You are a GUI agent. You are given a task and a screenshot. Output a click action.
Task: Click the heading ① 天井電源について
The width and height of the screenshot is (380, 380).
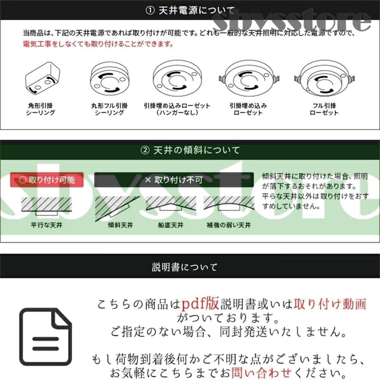(x=190, y=11)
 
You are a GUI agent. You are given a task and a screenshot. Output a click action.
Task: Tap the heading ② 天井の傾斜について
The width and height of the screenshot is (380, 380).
(x=190, y=150)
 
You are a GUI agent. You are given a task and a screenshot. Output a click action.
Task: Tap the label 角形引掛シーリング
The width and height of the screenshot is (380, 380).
(x=41, y=109)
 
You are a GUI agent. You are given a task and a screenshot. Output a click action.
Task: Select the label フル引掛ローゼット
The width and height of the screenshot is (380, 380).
(x=324, y=109)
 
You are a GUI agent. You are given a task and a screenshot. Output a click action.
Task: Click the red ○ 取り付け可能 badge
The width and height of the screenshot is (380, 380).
(x=47, y=180)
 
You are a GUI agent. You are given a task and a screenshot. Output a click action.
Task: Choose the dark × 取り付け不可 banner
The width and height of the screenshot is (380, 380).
(x=174, y=180)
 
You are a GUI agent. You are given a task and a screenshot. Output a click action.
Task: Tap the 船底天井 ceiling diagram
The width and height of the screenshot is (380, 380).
(x=171, y=205)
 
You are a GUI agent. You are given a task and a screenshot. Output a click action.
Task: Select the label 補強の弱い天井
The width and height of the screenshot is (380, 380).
(x=229, y=225)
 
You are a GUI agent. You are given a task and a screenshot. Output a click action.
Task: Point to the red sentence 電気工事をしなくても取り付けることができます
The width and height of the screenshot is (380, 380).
(x=98, y=44)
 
